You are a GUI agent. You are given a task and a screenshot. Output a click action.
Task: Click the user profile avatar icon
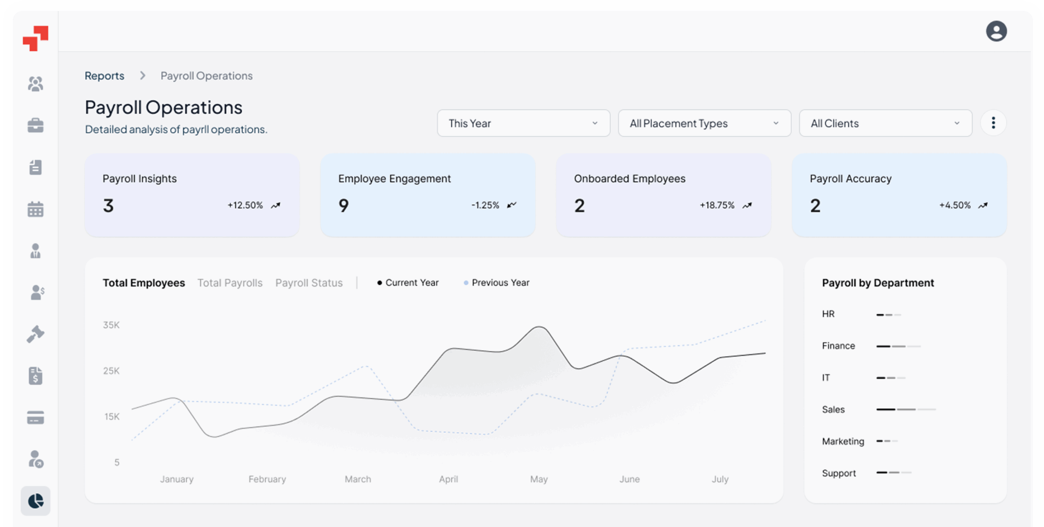pos(996,31)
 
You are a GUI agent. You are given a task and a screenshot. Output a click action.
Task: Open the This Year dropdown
pos(523,123)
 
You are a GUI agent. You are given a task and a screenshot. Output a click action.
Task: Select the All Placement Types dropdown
pos(704,123)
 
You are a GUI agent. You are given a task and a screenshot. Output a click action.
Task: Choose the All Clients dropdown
pos(885,123)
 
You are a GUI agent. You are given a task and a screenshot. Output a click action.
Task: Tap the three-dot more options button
pos(993,123)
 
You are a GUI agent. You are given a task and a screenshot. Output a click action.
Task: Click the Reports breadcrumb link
pos(104,76)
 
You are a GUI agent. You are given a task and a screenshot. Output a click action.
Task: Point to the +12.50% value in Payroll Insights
pos(245,205)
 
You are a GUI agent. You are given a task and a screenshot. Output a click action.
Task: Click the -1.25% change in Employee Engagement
pos(485,205)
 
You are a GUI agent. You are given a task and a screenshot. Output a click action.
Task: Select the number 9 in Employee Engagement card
pos(343,205)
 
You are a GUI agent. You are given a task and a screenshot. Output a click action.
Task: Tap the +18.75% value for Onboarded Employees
pos(717,205)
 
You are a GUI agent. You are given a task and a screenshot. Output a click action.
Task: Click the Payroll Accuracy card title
pos(850,179)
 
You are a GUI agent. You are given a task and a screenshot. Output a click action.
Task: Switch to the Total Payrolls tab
pos(230,283)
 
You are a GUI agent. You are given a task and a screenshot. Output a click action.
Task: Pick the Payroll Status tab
pos(309,283)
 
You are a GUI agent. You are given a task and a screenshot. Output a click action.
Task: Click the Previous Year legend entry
pos(500,282)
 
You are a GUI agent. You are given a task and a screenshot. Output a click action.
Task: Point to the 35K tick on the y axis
pos(111,325)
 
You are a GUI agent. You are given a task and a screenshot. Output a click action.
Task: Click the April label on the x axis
pos(448,479)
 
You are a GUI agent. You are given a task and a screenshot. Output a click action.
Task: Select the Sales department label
pos(833,409)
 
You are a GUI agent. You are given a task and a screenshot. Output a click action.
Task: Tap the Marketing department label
pos(843,441)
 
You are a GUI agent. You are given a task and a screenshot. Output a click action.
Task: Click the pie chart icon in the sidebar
pos(35,501)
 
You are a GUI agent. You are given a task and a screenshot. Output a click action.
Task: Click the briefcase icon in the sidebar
pos(35,126)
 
